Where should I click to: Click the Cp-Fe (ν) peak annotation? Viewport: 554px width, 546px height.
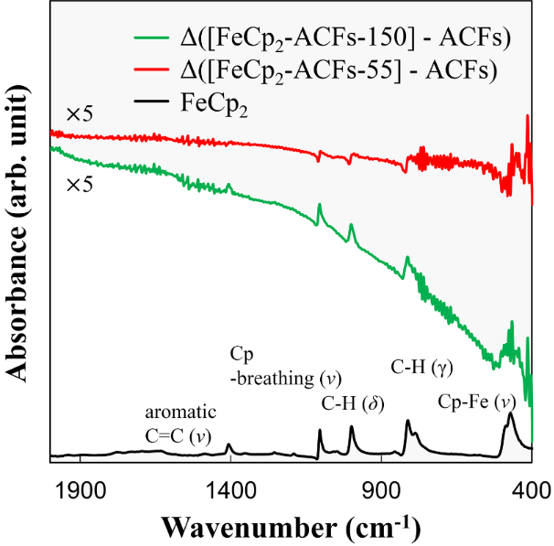tap(477, 401)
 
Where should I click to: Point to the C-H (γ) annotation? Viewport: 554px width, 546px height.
tap(421, 368)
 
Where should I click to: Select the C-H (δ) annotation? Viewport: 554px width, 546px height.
tap(352, 403)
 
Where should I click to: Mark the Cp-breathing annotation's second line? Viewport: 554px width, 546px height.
tap(285, 378)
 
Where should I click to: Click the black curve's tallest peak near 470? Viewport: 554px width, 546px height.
tap(510, 414)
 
